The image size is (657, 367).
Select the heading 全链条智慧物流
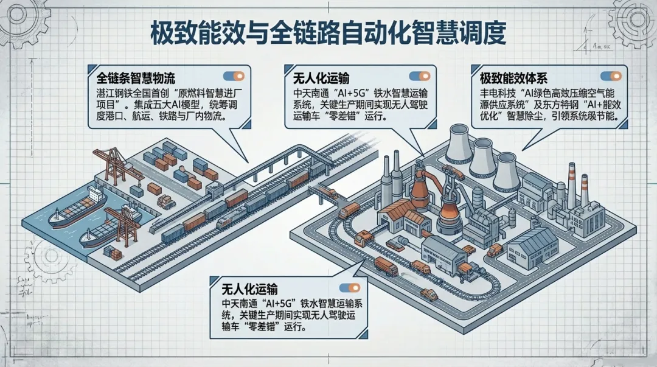pyautogui.click(x=136, y=79)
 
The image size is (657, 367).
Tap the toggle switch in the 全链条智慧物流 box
pyautogui.click(x=234, y=77)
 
